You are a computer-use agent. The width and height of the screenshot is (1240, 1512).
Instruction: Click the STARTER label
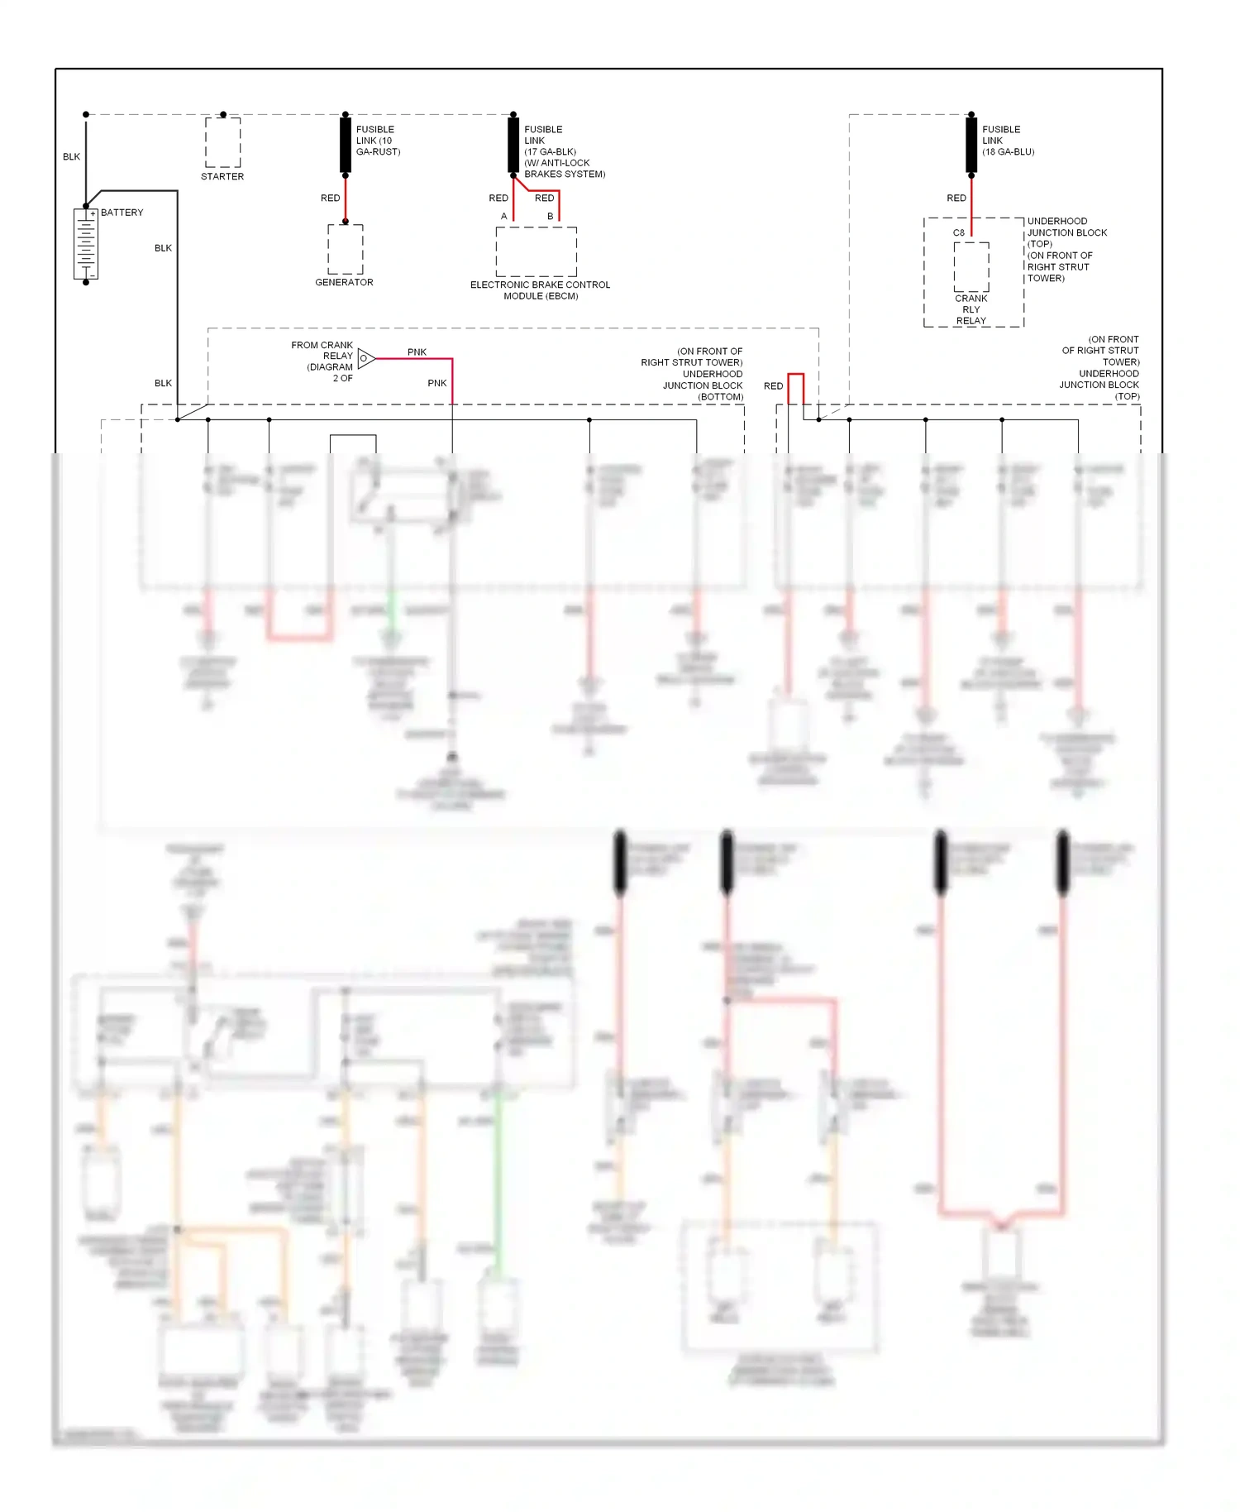[x=222, y=176]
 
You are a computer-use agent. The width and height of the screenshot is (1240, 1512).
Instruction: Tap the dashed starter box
[x=223, y=142]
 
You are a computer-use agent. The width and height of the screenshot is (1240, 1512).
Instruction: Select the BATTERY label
[x=122, y=213]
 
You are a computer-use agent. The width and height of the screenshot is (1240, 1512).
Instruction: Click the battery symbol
[x=86, y=244]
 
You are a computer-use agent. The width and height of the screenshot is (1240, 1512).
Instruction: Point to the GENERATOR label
[x=344, y=282]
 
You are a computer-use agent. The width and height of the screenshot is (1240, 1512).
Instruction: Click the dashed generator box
[x=346, y=249]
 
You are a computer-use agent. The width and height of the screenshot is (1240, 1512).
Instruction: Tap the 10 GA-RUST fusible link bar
[x=346, y=145]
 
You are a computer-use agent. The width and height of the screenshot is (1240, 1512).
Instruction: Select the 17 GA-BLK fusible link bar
[x=513, y=145]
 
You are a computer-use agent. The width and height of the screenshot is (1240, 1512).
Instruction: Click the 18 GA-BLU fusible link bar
[x=971, y=145]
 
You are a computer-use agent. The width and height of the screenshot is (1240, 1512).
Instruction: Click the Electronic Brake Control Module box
[x=537, y=251]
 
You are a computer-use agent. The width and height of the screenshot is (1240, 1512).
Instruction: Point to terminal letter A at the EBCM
[x=503, y=217]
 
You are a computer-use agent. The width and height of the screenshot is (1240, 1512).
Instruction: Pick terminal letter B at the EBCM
[x=550, y=217]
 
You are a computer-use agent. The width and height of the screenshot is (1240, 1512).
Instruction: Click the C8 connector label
[x=958, y=232]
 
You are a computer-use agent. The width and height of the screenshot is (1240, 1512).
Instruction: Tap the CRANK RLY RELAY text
[x=971, y=309]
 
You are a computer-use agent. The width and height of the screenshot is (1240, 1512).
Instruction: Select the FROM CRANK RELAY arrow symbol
[x=366, y=358]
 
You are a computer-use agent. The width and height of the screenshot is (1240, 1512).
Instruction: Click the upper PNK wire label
[x=417, y=352]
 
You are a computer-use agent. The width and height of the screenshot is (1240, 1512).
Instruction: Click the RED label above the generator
[x=330, y=199]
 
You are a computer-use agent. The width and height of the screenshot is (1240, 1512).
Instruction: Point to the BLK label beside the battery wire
[x=72, y=156]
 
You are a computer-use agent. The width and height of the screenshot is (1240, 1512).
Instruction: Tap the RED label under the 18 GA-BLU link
[x=956, y=199]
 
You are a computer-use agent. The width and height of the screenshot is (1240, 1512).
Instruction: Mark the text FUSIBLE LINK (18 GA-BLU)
[x=1008, y=141]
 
